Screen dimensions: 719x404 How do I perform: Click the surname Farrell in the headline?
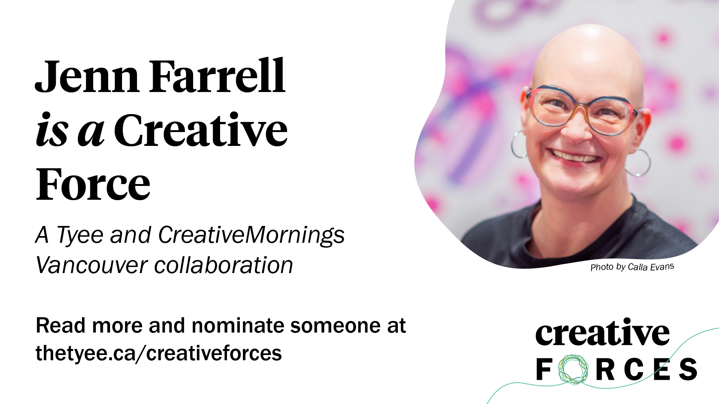coord(217,76)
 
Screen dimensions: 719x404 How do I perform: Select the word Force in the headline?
coord(93,184)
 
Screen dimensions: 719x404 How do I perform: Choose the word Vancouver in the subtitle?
coord(92,265)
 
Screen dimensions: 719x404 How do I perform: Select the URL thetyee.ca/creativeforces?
coord(159,353)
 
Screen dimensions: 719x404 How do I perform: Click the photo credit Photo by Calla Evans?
coord(632,267)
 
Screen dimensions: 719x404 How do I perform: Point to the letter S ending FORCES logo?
coord(688,369)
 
